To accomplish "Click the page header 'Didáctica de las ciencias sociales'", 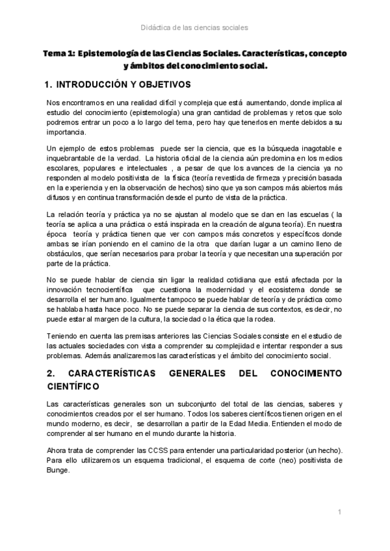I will coord(194,27).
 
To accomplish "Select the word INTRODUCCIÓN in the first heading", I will coord(96,84).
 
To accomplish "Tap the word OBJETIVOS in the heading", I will coord(164,84).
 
